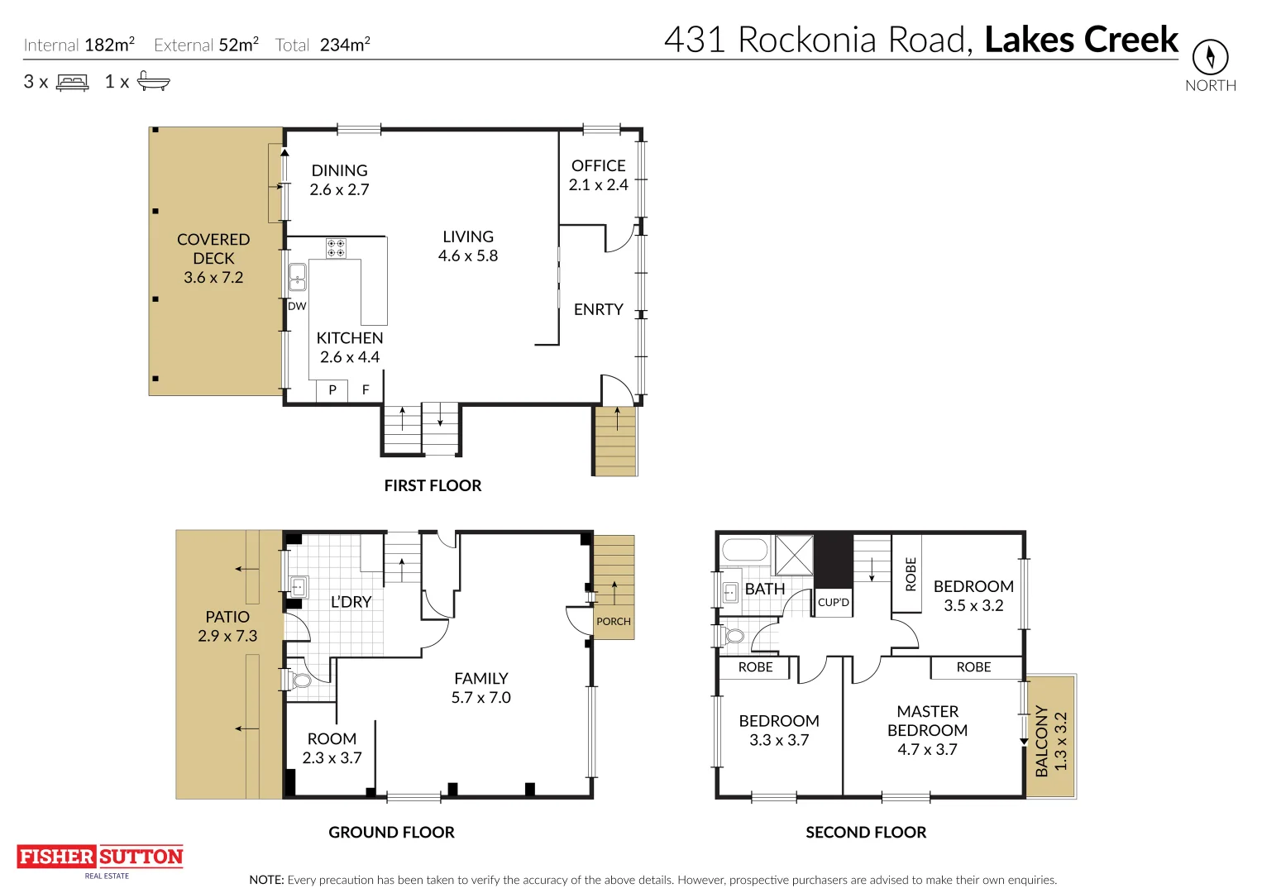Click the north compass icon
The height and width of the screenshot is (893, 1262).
click(1210, 57)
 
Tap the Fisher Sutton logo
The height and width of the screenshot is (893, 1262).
click(100, 857)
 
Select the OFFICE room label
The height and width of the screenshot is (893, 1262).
click(599, 165)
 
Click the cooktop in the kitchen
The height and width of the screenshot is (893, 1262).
click(336, 248)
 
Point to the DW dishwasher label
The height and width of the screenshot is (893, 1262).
click(297, 306)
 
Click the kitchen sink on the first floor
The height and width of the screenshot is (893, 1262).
click(298, 278)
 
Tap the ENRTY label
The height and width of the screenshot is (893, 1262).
click(599, 309)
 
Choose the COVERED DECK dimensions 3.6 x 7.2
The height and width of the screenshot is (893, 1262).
click(213, 278)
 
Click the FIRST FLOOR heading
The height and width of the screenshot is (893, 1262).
click(433, 485)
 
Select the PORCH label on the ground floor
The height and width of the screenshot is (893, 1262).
click(614, 621)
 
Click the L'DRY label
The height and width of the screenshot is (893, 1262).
click(351, 602)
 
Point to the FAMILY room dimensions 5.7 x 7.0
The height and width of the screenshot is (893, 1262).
click(480, 698)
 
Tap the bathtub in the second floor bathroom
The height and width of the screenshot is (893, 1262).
click(744, 550)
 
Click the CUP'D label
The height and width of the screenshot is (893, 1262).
click(833, 602)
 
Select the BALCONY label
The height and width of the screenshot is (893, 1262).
click(1042, 742)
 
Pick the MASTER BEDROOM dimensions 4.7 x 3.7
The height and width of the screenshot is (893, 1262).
click(927, 750)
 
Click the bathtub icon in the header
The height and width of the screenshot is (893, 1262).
click(153, 81)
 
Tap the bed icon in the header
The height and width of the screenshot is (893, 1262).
click(73, 82)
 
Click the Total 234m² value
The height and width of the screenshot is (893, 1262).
click(345, 45)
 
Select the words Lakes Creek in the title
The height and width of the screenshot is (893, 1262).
click(1081, 40)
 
